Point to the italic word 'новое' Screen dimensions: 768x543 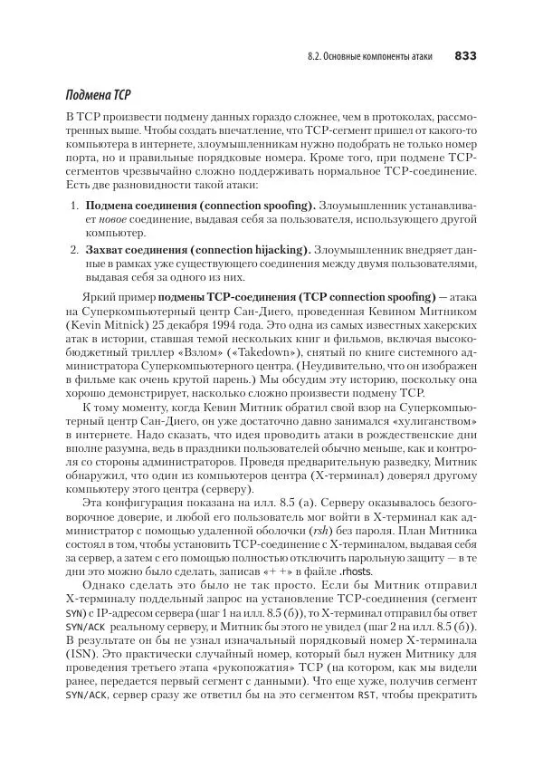click(x=103, y=220)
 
